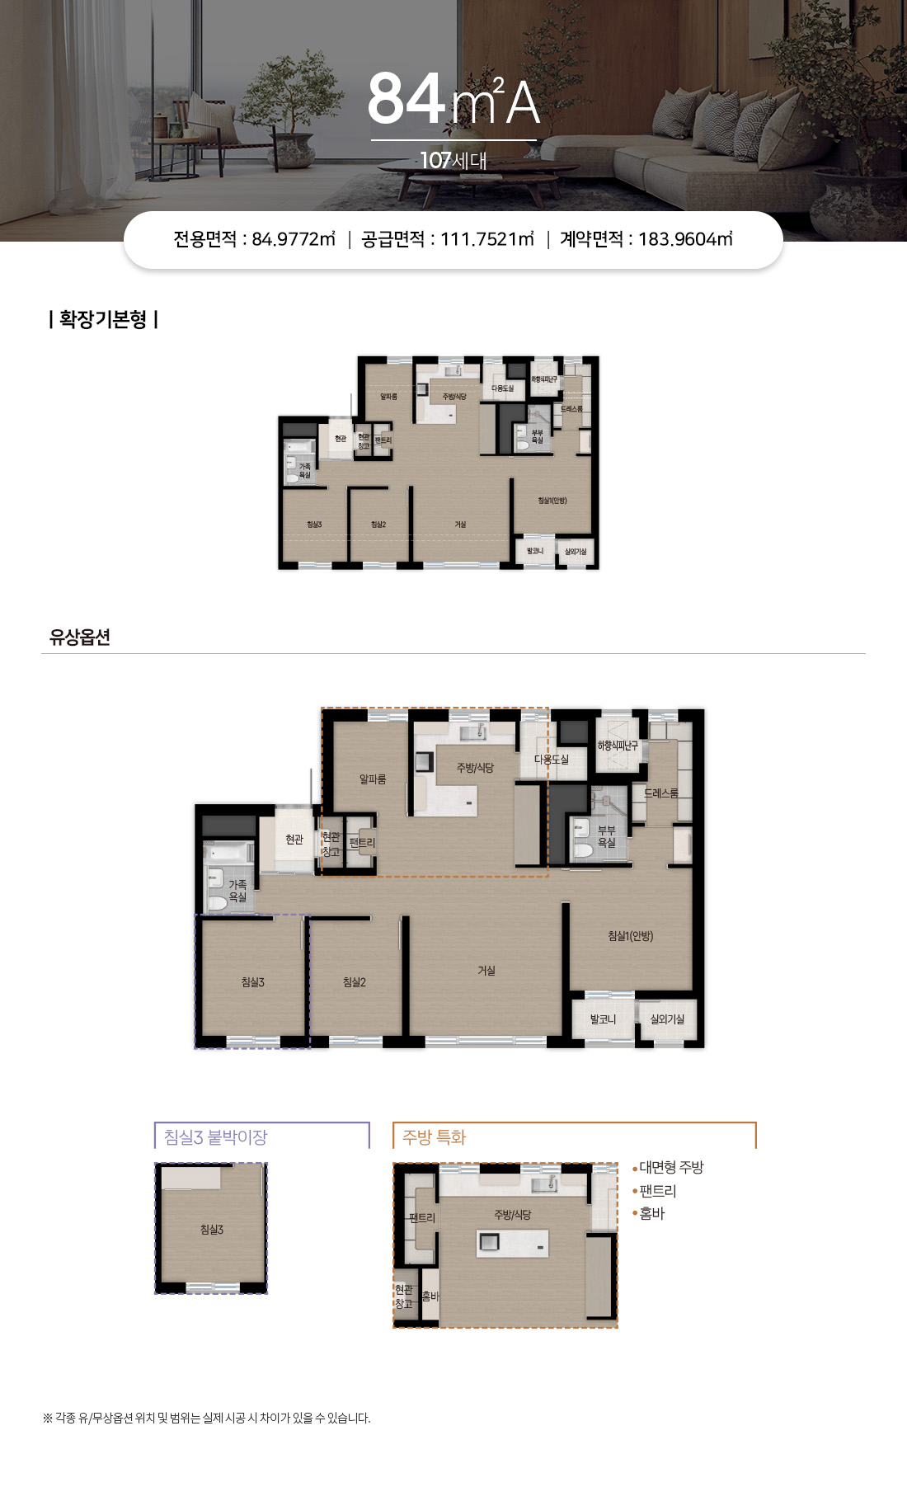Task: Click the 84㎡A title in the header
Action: coord(453,101)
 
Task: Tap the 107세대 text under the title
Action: coord(453,160)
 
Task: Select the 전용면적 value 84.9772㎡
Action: coord(294,239)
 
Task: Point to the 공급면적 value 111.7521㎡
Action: coord(487,239)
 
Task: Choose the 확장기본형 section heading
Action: coord(103,319)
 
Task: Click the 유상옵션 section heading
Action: coord(80,637)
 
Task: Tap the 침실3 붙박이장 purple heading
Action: coord(216,1137)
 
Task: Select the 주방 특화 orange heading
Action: coord(435,1137)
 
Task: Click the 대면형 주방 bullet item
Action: coord(671,1168)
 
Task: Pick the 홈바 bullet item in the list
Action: coord(651,1213)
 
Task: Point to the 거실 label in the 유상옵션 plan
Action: coord(486,971)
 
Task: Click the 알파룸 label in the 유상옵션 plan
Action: coord(373,779)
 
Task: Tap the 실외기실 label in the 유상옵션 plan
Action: coord(667,1019)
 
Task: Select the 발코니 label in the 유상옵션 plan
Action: coord(603,1019)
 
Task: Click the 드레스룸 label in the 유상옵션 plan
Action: coord(661,793)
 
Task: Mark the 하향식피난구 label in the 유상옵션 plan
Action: coord(618,746)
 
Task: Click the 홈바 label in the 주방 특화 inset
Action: coord(430,1296)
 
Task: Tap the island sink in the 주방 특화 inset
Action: coord(488,1242)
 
